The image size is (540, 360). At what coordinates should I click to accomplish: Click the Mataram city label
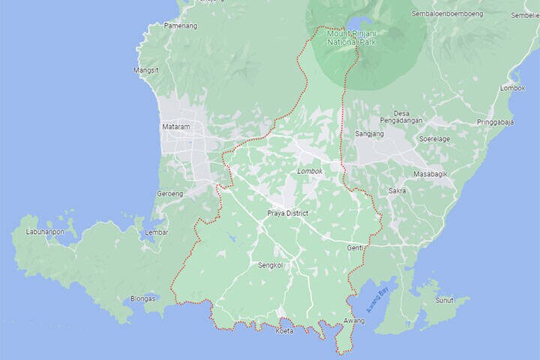click(176, 127)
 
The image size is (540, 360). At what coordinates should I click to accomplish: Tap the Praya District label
click(288, 214)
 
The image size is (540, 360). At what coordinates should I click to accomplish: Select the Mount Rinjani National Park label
click(351, 37)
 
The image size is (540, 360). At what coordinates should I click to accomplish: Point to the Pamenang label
click(181, 25)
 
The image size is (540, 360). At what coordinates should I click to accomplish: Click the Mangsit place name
click(145, 70)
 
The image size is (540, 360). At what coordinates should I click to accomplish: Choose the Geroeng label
click(169, 193)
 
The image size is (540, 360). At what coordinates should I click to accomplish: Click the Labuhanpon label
click(45, 232)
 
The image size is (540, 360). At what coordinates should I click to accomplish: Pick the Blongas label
click(142, 298)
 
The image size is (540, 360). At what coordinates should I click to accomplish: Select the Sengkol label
click(271, 265)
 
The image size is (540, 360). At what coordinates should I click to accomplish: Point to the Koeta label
click(285, 331)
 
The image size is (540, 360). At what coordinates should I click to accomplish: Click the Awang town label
click(354, 321)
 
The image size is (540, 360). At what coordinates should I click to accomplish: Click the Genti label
click(355, 247)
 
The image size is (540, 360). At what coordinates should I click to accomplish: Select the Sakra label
click(397, 191)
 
